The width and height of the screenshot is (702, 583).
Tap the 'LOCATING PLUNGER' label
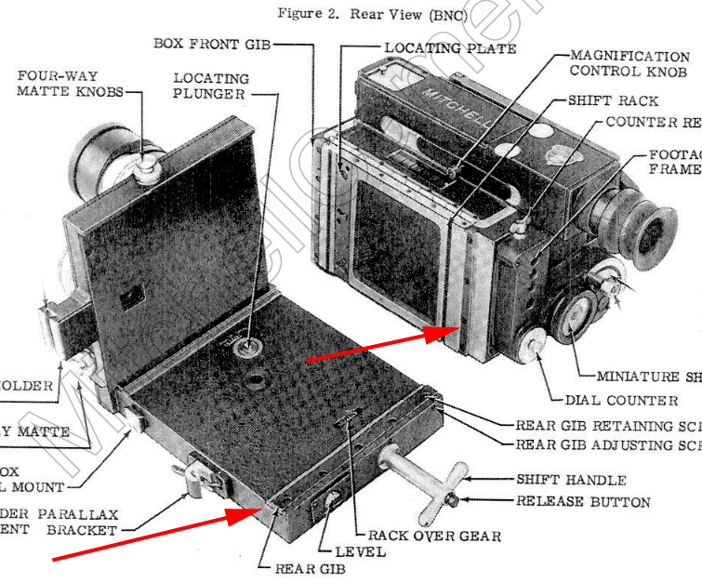(x=210, y=86)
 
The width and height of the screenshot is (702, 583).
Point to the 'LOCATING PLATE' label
(x=451, y=47)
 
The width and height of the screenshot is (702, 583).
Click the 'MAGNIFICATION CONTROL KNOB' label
(x=629, y=64)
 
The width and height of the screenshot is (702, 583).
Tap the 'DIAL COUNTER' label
(x=621, y=401)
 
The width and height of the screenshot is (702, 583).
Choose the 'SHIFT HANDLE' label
(x=570, y=481)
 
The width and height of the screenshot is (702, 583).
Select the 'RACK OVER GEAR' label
(x=434, y=536)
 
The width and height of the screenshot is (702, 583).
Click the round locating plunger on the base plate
(x=248, y=348)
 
